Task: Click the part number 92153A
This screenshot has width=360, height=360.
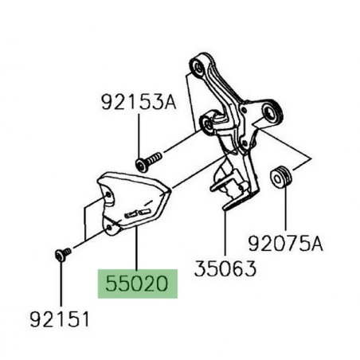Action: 138,103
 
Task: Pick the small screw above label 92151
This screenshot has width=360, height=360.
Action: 61,254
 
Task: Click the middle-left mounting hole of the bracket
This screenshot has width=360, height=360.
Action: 208,124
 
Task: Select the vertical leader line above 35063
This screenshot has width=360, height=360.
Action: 223,239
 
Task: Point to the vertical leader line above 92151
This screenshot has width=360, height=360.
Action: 61,287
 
